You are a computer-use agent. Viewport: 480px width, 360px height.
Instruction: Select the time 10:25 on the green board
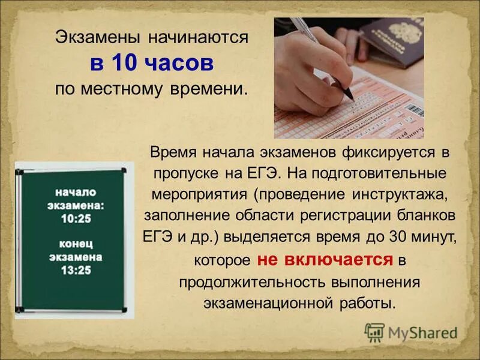[x=76, y=218]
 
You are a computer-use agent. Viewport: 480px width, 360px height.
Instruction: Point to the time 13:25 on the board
[x=76, y=271]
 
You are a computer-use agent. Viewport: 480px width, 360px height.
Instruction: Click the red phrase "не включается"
[x=325, y=260]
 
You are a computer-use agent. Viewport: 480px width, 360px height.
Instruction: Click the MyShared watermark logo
[x=411, y=332]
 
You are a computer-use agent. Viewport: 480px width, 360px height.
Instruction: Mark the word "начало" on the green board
[x=76, y=192]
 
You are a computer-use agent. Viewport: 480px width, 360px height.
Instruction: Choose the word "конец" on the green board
[x=76, y=245]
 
